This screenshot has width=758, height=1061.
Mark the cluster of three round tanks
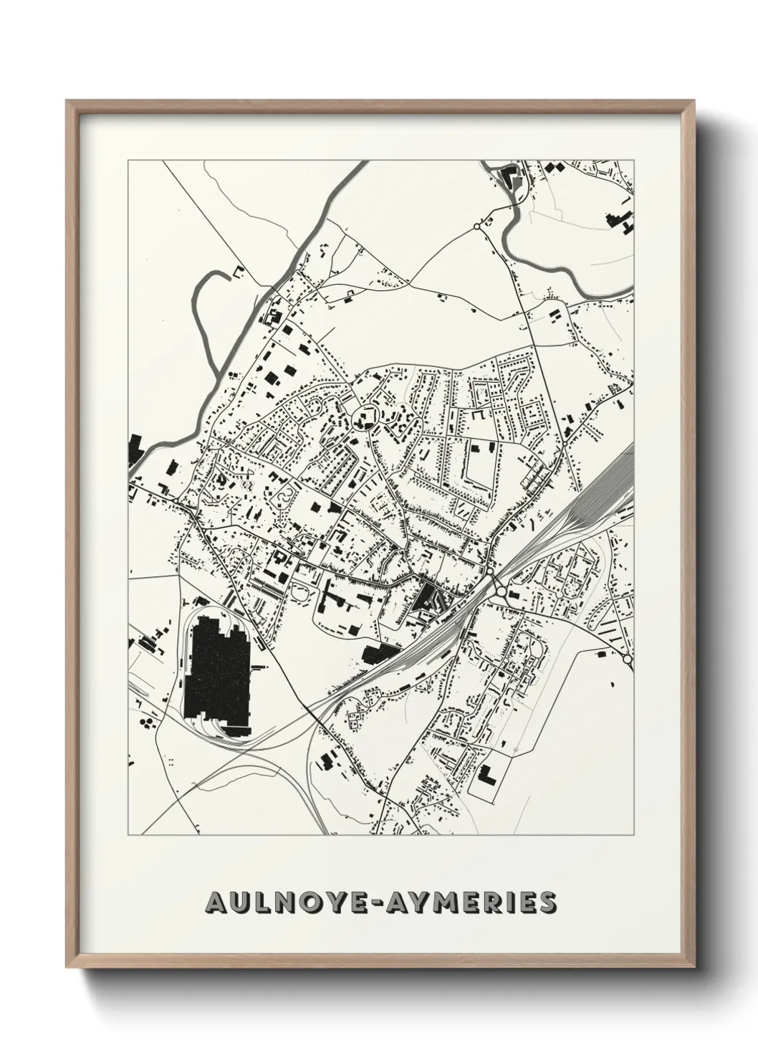tap(148, 720)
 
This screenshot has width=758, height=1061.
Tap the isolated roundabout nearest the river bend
tap(476, 227)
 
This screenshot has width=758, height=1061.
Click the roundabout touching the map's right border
tap(628, 658)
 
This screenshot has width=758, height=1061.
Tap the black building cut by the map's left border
tap(134, 452)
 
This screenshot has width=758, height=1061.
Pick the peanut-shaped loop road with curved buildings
tap(287, 494)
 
